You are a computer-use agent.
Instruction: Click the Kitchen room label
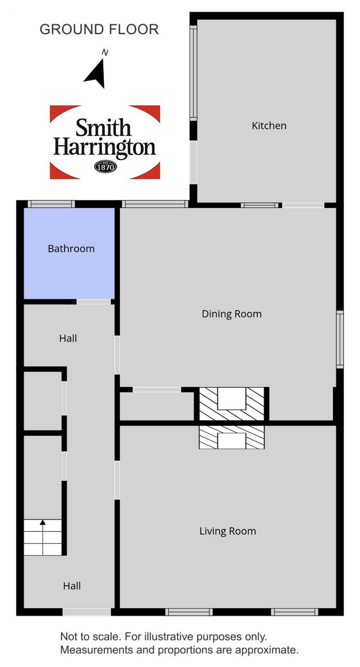coord(269,126)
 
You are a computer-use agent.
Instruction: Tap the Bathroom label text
coord(71,249)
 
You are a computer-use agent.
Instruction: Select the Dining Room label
coord(232,314)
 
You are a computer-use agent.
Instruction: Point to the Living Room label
coord(228,531)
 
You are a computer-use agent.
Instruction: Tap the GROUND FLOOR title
coord(99,30)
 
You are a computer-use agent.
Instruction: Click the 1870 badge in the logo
coord(105,166)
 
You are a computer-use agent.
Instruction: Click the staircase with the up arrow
coord(43,537)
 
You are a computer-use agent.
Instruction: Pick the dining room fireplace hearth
coord(232,403)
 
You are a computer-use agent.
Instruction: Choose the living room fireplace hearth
coord(232,437)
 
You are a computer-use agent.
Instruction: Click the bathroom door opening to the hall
coord(94,302)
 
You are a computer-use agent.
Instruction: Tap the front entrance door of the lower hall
coord(86,612)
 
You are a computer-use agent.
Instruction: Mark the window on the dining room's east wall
coord(340,339)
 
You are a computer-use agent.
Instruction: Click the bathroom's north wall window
coord(51,204)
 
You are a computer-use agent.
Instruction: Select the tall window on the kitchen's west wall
coord(193,73)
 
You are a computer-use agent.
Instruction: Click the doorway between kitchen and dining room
coord(303,205)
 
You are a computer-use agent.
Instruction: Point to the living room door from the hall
coord(117,480)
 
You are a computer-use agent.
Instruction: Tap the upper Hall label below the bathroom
coord(68,339)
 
